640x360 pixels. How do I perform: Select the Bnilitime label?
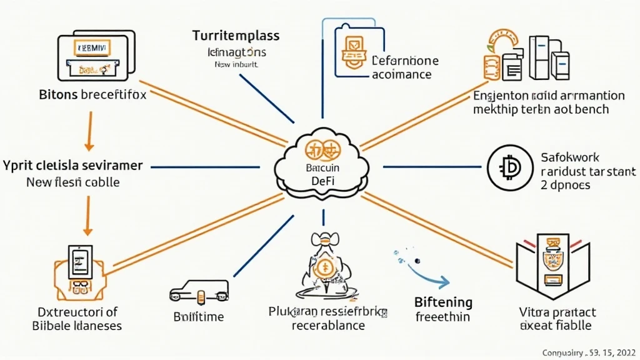(197, 317)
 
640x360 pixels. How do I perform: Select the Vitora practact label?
(549, 313)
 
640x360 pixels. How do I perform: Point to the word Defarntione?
(404, 61)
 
